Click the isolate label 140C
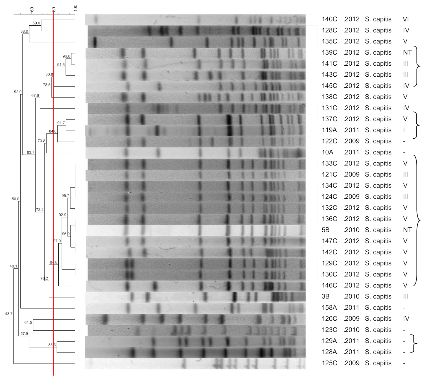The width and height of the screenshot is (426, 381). click(x=329, y=19)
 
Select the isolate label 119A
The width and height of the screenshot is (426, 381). click(x=329, y=130)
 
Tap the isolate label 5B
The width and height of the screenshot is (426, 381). click(x=325, y=230)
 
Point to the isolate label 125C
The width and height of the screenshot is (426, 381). click(x=329, y=363)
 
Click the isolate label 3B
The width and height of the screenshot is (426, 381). click(x=325, y=296)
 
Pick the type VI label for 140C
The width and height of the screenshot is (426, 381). click(x=406, y=19)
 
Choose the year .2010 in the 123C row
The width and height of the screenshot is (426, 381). click(x=352, y=330)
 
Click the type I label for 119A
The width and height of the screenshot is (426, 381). click(x=404, y=130)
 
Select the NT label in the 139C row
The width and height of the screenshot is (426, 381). click(x=407, y=52)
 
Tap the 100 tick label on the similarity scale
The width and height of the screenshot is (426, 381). click(x=76, y=8)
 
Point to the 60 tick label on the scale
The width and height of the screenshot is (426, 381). click(x=32, y=9)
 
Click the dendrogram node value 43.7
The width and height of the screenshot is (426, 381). click(x=9, y=314)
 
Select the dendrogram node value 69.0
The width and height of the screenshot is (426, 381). click(x=36, y=23)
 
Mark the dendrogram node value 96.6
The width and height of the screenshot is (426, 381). click(x=66, y=56)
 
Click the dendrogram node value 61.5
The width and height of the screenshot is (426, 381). click(x=28, y=323)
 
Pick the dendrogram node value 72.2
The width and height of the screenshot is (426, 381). click(x=40, y=210)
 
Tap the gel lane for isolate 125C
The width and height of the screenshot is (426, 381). click(x=195, y=364)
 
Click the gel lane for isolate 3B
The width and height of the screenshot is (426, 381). click(x=195, y=297)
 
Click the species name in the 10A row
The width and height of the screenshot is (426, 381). click(x=378, y=152)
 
